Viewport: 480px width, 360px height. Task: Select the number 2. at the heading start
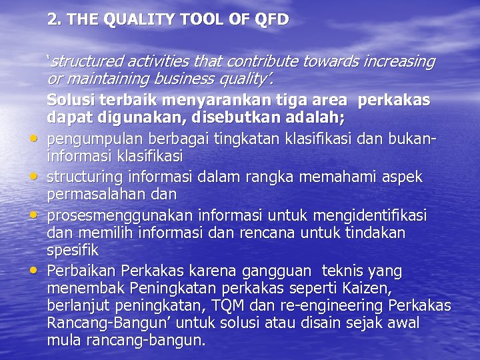click(54, 19)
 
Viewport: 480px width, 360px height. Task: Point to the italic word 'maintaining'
click(104, 79)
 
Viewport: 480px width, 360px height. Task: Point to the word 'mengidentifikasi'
click(381, 216)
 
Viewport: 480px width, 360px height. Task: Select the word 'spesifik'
click(73, 251)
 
